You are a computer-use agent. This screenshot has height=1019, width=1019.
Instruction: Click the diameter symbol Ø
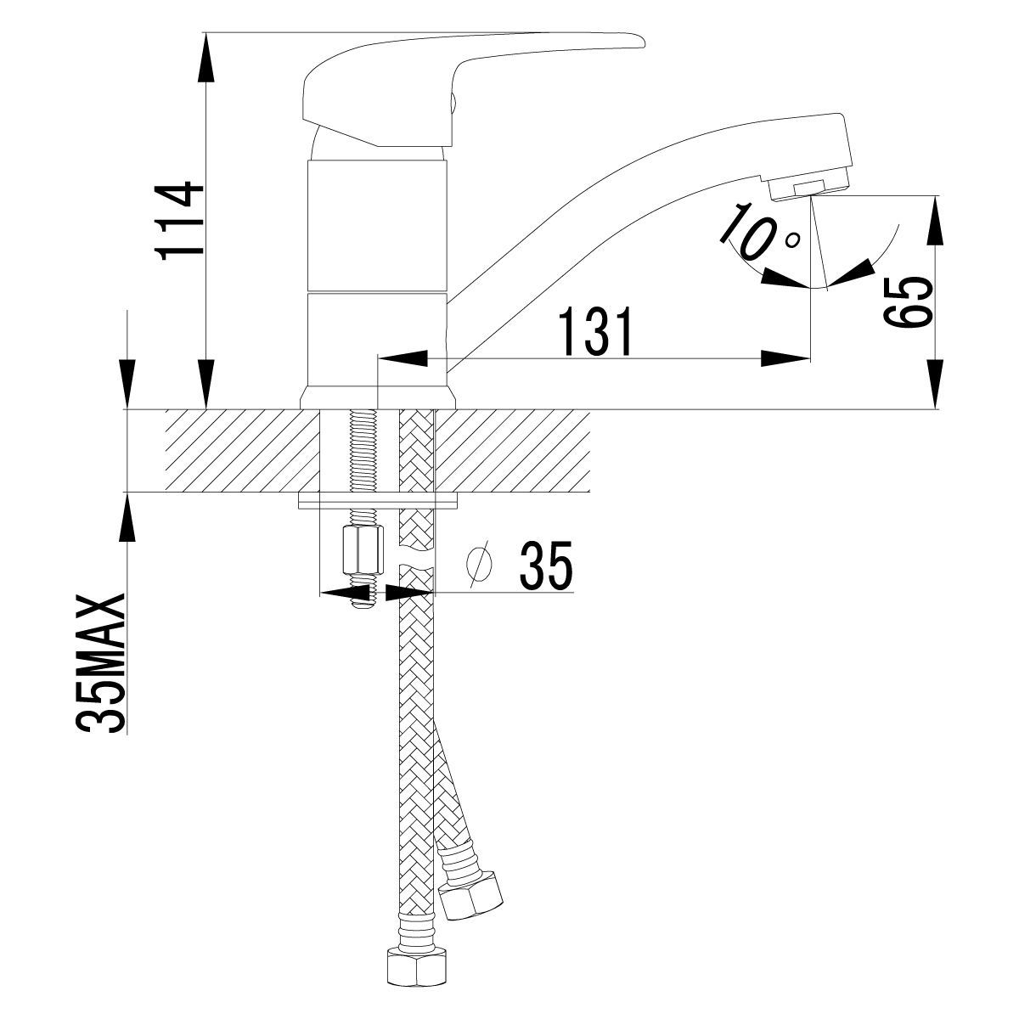481,563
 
